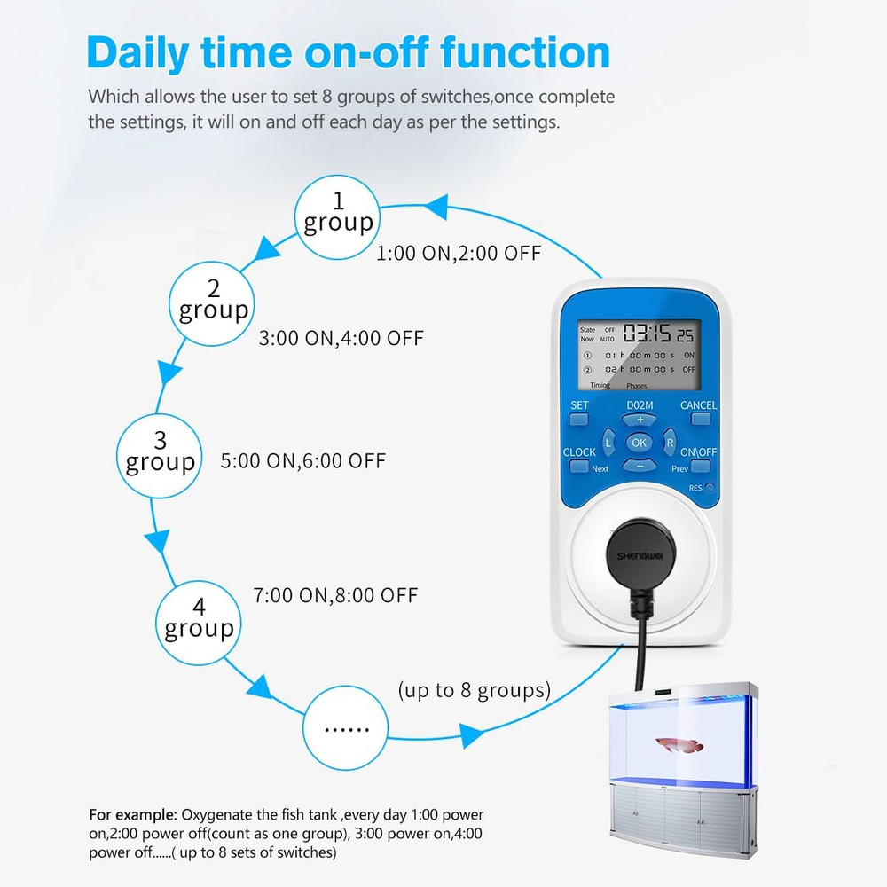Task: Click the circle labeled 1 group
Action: [337, 216]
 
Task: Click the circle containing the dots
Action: [345, 728]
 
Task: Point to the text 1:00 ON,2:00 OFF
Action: [458, 254]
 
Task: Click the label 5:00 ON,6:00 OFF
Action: [302, 461]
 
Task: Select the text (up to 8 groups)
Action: [474, 690]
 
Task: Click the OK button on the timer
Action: [639, 443]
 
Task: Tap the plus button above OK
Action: [639, 420]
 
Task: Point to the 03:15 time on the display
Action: [647, 334]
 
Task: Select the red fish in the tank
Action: [679, 744]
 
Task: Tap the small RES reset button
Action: [710, 488]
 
